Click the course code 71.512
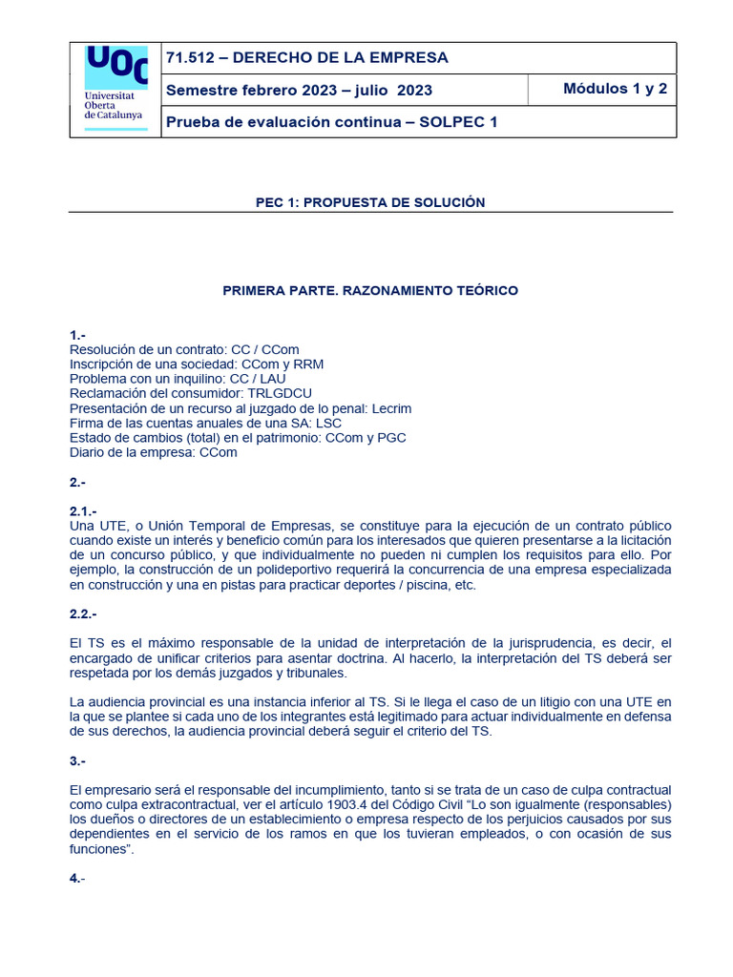click(x=190, y=58)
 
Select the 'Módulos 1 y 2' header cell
click(x=615, y=90)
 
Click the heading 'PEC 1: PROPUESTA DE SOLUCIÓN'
click(x=370, y=202)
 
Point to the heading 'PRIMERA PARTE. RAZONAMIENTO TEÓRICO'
click(x=370, y=290)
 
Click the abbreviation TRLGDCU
click(x=280, y=393)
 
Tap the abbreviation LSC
click(x=327, y=423)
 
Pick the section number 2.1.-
click(x=83, y=511)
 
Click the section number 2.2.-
click(x=83, y=613)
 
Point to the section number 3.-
click(x=77, y=760)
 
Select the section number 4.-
click(x=77, y=878)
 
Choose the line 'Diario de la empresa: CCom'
click(x=153, y=452)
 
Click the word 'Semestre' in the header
click(x=199, y=91)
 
